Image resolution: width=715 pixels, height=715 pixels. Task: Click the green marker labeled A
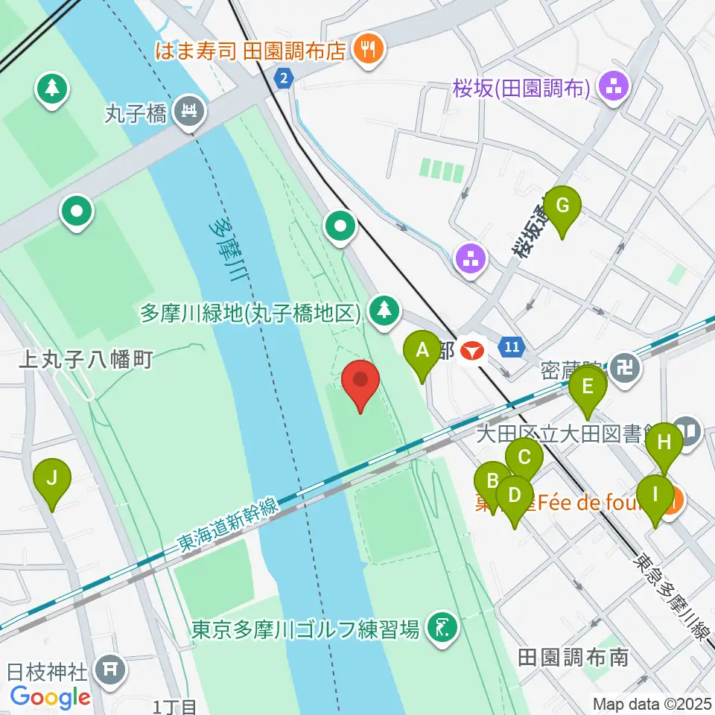tap(422, 351)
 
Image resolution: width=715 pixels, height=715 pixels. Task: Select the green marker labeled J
tap(51, 479)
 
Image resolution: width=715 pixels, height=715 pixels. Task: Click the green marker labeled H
tap(664, 444)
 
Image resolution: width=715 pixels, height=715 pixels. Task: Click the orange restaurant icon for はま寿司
tap(369, 50)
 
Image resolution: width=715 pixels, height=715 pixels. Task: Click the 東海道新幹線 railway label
tap(227, 528)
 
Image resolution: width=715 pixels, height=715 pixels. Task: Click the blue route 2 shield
tap(283, 77)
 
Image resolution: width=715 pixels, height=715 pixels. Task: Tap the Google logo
tap(51, 697)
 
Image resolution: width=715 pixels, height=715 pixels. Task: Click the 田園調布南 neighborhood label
tap(573, 657)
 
